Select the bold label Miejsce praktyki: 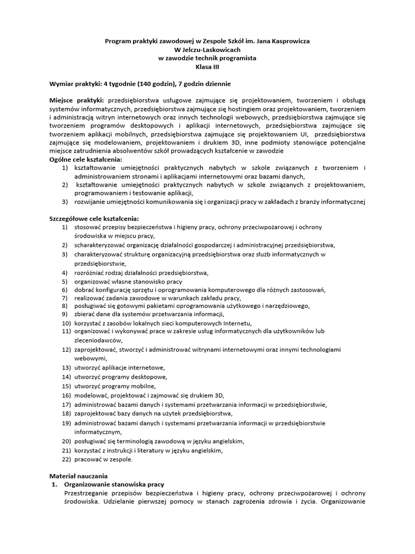tap(77, 100)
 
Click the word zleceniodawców tap(98, 340)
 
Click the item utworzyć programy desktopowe tap(121, 377)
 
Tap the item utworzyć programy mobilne tap(115, 386)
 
